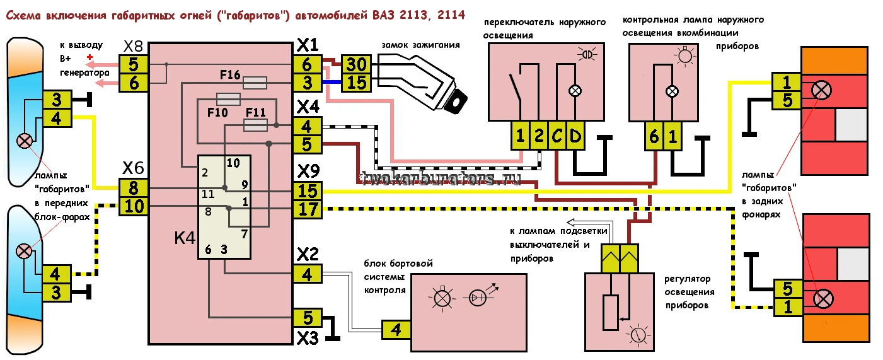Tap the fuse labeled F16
255,83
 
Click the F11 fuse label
256,112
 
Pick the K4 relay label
185,239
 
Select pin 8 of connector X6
133,188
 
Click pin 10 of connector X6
133,206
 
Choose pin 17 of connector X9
308,209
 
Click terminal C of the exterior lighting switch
557,135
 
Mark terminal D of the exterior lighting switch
575,135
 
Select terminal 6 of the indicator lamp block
654,136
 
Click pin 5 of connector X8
133,64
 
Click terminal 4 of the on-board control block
395,328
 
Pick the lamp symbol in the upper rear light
821,90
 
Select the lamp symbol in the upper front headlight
25,141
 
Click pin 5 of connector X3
308,317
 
